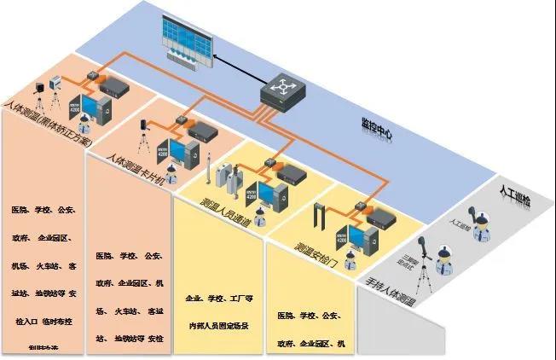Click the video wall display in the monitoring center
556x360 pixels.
click(182, 42)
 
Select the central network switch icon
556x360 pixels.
click(282, 87)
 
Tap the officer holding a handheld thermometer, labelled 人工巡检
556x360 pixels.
click(471, 214)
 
